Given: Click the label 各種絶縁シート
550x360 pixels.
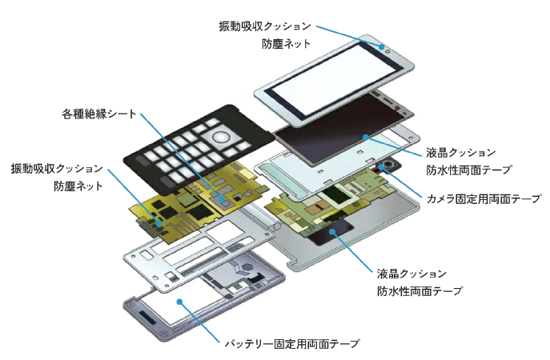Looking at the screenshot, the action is pos(99,114).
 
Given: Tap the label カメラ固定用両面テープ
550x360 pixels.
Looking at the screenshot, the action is pos(484,198).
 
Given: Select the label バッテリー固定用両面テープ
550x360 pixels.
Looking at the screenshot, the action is pos(292,343).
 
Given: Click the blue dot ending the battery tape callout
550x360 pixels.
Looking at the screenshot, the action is pos(180,302).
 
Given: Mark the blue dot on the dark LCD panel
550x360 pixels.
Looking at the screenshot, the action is pos(366,137).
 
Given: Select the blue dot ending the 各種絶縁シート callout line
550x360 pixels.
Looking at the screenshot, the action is pos(221,198).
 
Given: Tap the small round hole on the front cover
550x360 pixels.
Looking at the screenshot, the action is pos(387,51).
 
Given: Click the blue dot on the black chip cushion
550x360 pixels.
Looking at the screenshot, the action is pos(331,231).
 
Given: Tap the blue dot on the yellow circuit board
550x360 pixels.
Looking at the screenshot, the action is pos(159,223).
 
